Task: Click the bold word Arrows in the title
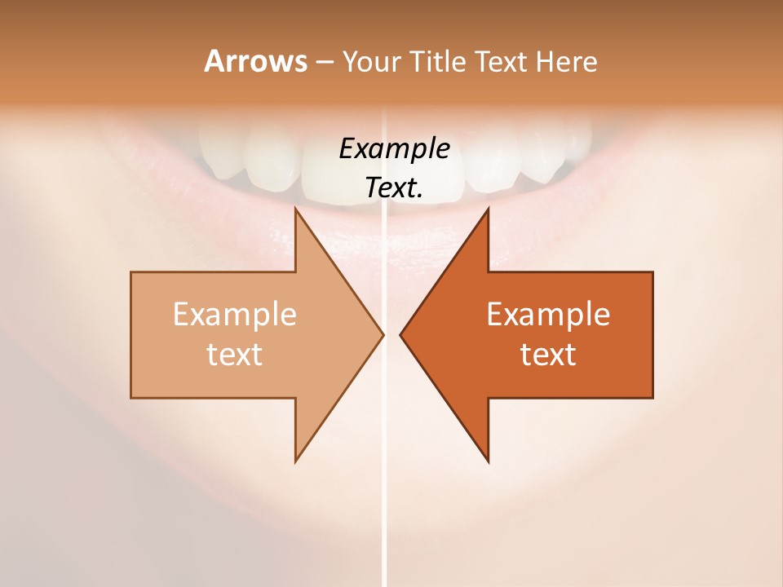pyautogui.click(x=255, y=61)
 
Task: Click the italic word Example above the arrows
pyautogui.click(x=395, y=149)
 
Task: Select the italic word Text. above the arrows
pyautogui.click(x=395, y=188)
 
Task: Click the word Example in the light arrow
pyautogui.click(x=235, y=315)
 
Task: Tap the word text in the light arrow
pyautogui.click(x=235, y=354)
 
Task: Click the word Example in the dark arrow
pyautogui.click(x=548, y=315)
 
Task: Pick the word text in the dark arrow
pyautogui.click(x=548, y=354)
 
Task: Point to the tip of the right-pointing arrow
pyautogui.click(x=383, y=334)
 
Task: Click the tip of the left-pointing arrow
pyautogui.click(x=400, y=334)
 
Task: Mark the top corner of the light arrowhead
pyautogui.click(x=296, y=209)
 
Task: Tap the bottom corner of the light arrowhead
pyautogui.click(x=296, y=461)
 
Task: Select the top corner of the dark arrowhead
pyautogui.click(x=488, y=209)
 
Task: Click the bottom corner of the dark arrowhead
pyautogui.click(x=488, y=461)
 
